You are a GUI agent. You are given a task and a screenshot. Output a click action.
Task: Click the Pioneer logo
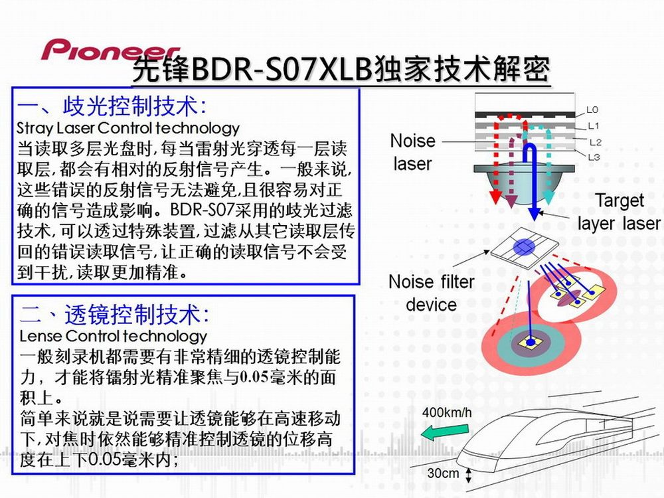(x=111, y=50)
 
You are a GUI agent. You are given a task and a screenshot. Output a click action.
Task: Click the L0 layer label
(x=592, y=110)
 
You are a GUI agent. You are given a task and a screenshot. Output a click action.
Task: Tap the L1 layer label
(x=594, y=125)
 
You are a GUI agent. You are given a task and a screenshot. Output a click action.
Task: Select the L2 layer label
(x=596, y=142)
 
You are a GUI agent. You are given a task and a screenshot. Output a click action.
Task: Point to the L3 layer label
(x=594, y=157)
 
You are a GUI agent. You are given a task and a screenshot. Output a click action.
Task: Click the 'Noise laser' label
(x=412, y=152)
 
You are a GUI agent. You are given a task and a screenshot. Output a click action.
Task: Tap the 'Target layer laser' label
(x=619, y=212)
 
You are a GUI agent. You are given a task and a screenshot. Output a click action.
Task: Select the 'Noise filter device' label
(x=431, y=293)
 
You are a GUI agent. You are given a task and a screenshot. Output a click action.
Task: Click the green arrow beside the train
(x=445, y=432)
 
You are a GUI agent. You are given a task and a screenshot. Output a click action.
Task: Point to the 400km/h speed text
(x=447, y=412)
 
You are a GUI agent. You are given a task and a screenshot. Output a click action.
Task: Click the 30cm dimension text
(x=443, y=473)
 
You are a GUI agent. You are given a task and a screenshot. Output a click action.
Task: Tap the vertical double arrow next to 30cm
(x=468, y=475)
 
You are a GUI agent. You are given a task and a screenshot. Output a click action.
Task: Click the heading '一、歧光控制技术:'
(x=112, y=106)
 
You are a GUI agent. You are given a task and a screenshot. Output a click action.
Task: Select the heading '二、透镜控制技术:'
(x=114, y=314)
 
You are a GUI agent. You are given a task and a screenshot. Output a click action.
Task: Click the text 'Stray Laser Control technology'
(x=128, y=127)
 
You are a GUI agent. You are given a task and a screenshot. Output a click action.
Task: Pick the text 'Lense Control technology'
(x=113, y=336)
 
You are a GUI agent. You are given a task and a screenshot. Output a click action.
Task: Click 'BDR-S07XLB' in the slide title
(x=282, y=69)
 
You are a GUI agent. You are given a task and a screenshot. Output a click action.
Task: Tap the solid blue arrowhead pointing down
(x=535, y=214)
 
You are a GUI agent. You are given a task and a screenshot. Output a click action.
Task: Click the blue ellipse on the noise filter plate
(x=525, y=247)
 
